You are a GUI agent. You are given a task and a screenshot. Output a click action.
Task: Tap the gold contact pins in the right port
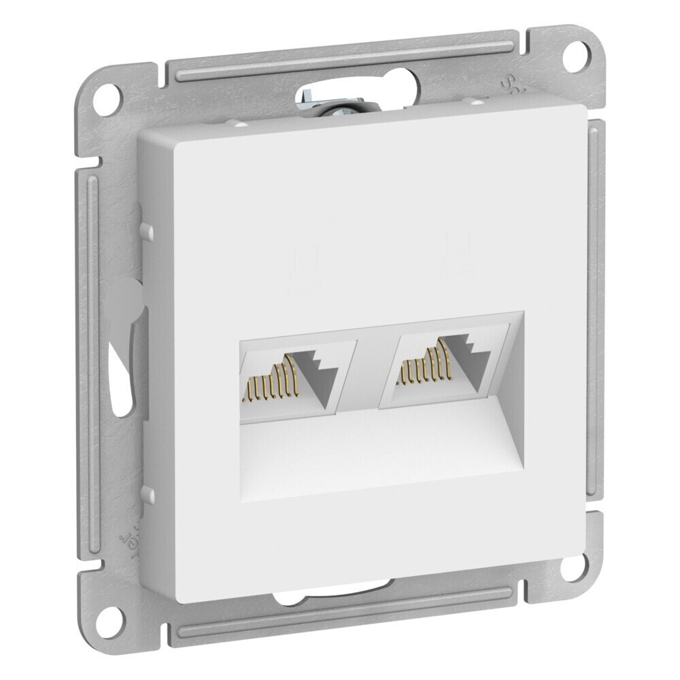click(x=424, y=367)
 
